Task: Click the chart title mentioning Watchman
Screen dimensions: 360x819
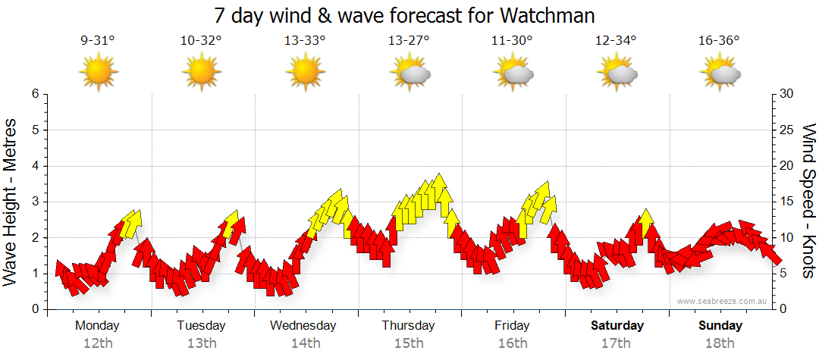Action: click(x=404, y=15)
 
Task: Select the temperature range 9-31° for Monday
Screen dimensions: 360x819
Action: click(x=97, y=41)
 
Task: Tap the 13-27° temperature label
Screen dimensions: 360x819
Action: click(x=409, y=41)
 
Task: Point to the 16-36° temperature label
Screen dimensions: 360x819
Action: click(x=719, y=41)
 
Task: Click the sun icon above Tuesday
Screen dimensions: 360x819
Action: click(x=201, y=73)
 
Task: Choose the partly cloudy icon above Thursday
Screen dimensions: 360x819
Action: click(x=409, y=73)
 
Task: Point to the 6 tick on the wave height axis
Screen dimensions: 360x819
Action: click(x=35, y=94)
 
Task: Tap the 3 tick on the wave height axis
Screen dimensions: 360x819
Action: click(x=35, y=202)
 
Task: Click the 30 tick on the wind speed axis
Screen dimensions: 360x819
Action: click(x=787, y=94)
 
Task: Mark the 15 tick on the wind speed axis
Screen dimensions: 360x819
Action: click(x=787, y=202)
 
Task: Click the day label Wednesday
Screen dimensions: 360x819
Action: click(x=303, y=326)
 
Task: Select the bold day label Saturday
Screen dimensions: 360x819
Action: click(x=617, y=326)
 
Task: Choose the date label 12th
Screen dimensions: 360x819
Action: click(x=97, y=343)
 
